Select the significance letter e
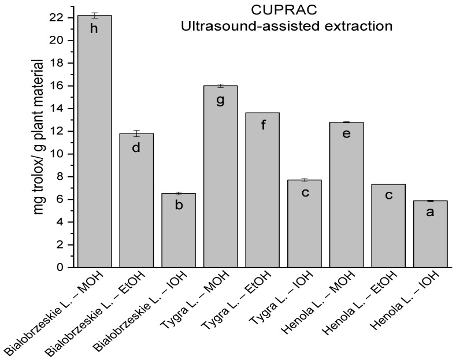pyautogui.click(x=346, y=135)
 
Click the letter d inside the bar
pyautogui.click(x=136, y=147)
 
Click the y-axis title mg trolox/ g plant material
pyautogui.click(x=39, y=136)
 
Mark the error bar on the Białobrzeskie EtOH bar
pyautogui.click(x=136, y=133)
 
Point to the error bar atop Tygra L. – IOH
pyautogui.click(x=304, y=180)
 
